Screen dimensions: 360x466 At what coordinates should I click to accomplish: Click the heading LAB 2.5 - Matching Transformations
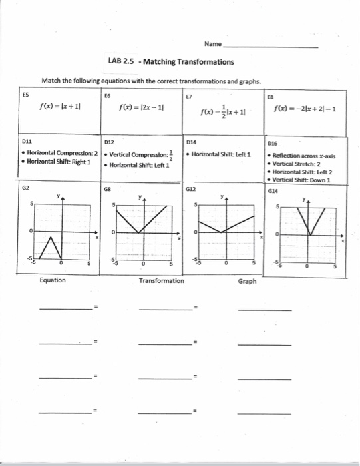coord(170,62)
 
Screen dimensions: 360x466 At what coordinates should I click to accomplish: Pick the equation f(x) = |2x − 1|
coord(142,107)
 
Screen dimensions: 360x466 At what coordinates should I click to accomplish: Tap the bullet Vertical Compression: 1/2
coord(141,154)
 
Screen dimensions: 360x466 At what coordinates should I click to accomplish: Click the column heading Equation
coord(53,280)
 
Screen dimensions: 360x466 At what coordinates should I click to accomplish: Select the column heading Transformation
coord(162,281)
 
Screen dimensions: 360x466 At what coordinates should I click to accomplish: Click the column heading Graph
coord(247,281)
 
